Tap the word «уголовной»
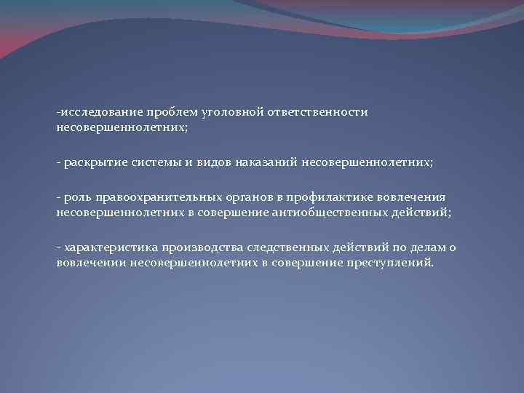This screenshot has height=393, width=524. coord(218,113)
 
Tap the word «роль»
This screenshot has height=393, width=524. coord(76,198)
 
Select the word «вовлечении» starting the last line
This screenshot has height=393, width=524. coord(92,261)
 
